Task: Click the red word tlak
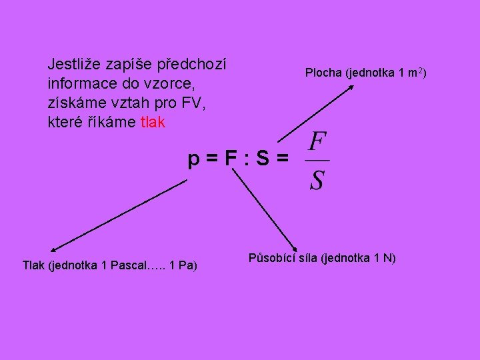(153, 123)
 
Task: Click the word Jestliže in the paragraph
(72, 65)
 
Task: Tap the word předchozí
(193, 65)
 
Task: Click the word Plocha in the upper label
(323, 72)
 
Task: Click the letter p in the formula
(193, 161)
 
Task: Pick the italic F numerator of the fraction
(318, 143)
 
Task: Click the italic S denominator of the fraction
(317, 179)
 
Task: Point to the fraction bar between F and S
(318, 161)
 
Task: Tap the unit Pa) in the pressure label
(188, 265)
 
